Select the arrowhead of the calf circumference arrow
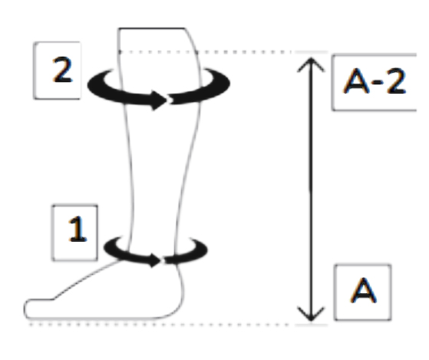(x=159, y=101)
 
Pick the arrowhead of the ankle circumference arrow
(x=155, y=260)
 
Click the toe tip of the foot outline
(x=25, y=309)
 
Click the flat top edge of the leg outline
(x=152, y=28)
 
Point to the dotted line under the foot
(x=159, y=325)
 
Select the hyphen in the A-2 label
(x=381, y=82)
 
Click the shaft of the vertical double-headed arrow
(x=311, y=190)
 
